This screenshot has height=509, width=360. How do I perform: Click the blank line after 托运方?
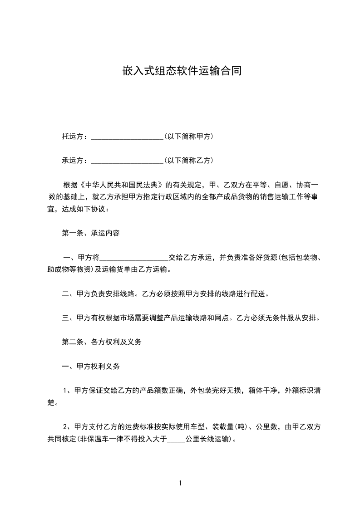tap(127, 137)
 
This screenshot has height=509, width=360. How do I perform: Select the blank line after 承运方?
tap(127, 161)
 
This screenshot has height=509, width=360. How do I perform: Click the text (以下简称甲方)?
tap(189, 137)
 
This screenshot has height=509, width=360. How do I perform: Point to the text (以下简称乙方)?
tap(189, 161)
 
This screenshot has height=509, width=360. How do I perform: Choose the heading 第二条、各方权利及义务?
tap(102, 342)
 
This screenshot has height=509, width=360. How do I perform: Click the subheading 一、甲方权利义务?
tap(91, 366)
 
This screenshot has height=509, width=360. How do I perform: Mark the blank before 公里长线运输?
tap(176, 439)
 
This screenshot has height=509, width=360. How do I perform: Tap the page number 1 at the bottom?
tap(180, 483)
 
